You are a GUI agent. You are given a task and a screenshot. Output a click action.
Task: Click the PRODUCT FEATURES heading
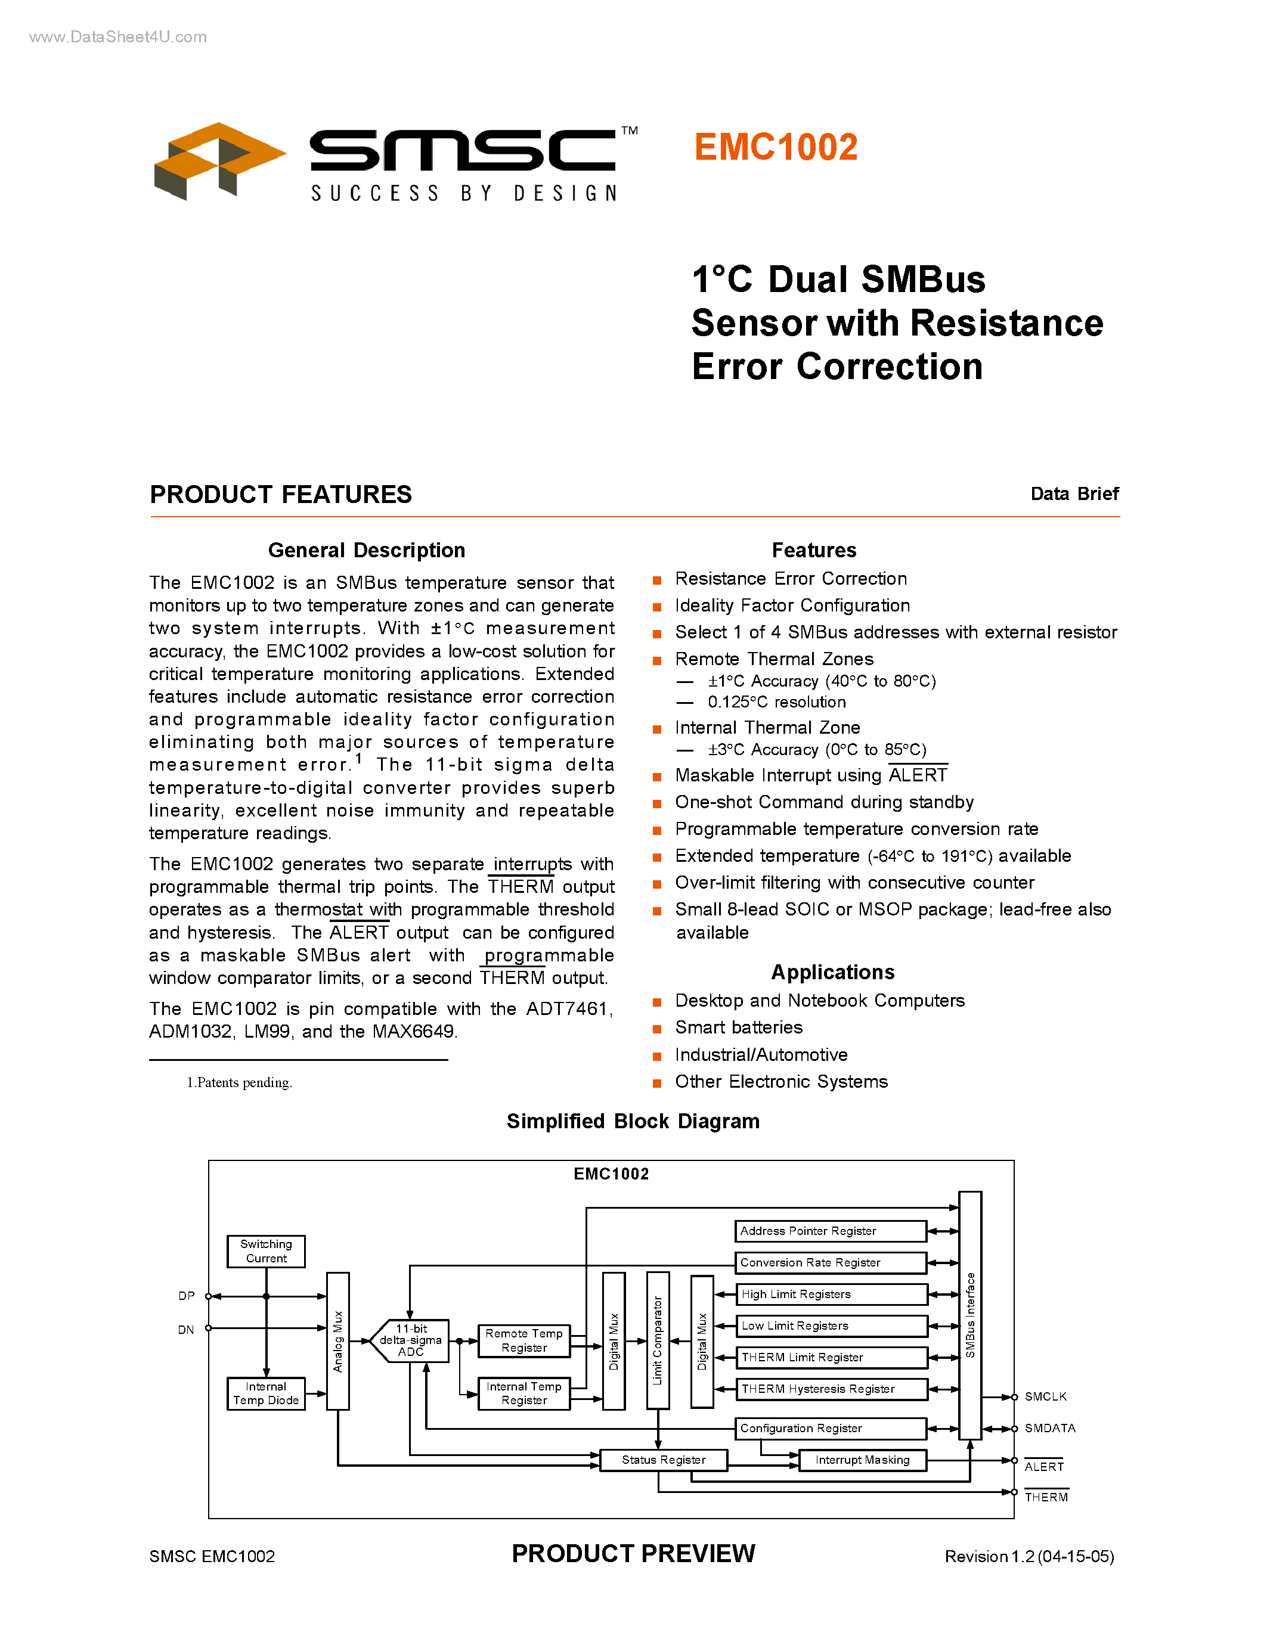(281, 495)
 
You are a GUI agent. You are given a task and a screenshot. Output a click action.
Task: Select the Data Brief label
(1074, 494)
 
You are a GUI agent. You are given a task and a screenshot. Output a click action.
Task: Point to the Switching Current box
(266, 1251)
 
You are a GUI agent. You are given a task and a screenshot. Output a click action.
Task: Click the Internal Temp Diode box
(266, 1393)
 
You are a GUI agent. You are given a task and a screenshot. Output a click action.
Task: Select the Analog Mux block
(337, 1341)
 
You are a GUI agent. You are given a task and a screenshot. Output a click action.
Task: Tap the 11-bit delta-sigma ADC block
(411, 1340)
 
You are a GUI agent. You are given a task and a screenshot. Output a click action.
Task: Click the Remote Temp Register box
(524, 1340)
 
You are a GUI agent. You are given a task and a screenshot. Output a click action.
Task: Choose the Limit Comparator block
(658, 1340)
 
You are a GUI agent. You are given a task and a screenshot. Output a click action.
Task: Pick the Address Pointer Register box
(830, 1231)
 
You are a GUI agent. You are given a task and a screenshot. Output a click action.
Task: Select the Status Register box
(664, 1460)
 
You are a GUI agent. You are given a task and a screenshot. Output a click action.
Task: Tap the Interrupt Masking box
(862, 1460)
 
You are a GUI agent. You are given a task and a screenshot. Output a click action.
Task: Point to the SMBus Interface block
(969, 1315)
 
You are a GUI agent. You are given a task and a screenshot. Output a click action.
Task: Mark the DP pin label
(186, 1296)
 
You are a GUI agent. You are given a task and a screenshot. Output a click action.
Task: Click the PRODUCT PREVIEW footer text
(633, 1553)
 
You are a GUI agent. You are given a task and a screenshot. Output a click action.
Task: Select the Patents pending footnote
(240, 1082)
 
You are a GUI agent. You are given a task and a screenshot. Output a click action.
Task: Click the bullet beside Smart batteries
(657, 1029)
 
